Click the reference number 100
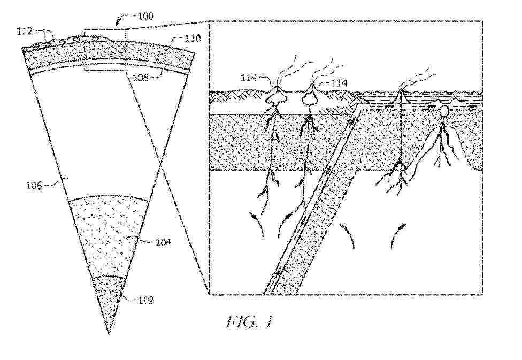144,16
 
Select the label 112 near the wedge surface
25,32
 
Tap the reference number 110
193,39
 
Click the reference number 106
35,185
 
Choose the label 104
163,242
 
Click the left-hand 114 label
248,79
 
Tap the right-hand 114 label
338,82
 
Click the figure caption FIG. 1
250,322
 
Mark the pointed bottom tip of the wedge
109,333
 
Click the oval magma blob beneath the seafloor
444,112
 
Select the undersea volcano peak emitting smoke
401,89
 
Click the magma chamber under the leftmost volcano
277,97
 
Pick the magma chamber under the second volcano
310,99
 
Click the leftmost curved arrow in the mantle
257,224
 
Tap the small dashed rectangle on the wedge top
105,50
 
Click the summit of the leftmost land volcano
277,87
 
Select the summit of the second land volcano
312,86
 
